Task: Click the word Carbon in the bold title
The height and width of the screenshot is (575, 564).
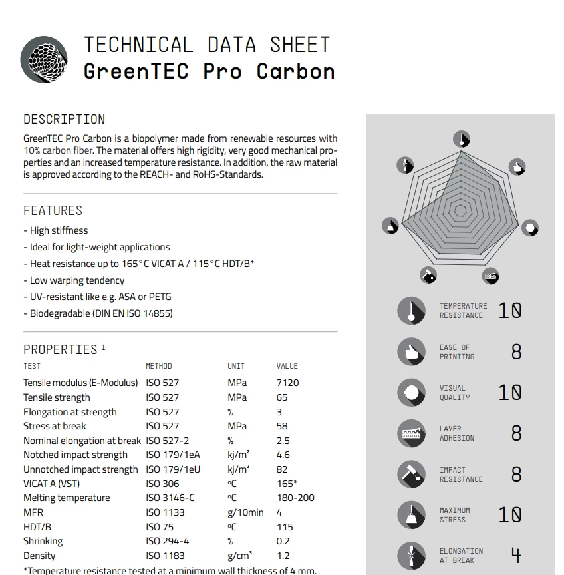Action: click(x=295, y=71)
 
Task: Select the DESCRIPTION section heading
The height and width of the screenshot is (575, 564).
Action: click(x=65, y=120)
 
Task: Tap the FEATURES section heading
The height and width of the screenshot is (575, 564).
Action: click(x=53, y=210)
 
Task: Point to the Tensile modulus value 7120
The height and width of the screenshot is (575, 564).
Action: click(x=287, y=383)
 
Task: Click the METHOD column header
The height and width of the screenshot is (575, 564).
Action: click(x=159, y=366)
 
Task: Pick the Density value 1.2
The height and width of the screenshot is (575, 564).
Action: click(x=282, y=556)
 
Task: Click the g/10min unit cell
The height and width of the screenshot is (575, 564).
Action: click(x=245, y=512)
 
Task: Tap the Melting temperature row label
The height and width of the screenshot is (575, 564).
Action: click(x=67, y=498)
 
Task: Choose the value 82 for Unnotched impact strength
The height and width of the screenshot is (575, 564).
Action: click(x=282, y=469)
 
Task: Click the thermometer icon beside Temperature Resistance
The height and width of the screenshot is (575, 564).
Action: click(x=411, y=311)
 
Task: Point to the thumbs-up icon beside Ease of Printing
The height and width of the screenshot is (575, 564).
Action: click(x=411, y=352)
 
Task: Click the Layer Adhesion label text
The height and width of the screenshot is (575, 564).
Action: click(x=457, y=433)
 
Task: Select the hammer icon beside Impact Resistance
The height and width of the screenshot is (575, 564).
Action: click(x=411, y=475)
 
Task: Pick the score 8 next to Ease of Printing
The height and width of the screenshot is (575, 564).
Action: click(x=516, y=352)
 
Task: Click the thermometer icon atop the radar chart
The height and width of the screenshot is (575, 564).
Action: click(x=461, y=139)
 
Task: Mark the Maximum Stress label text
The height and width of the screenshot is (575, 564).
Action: click(x=455, y=515)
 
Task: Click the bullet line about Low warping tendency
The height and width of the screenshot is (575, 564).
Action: click(x=77, y=280)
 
